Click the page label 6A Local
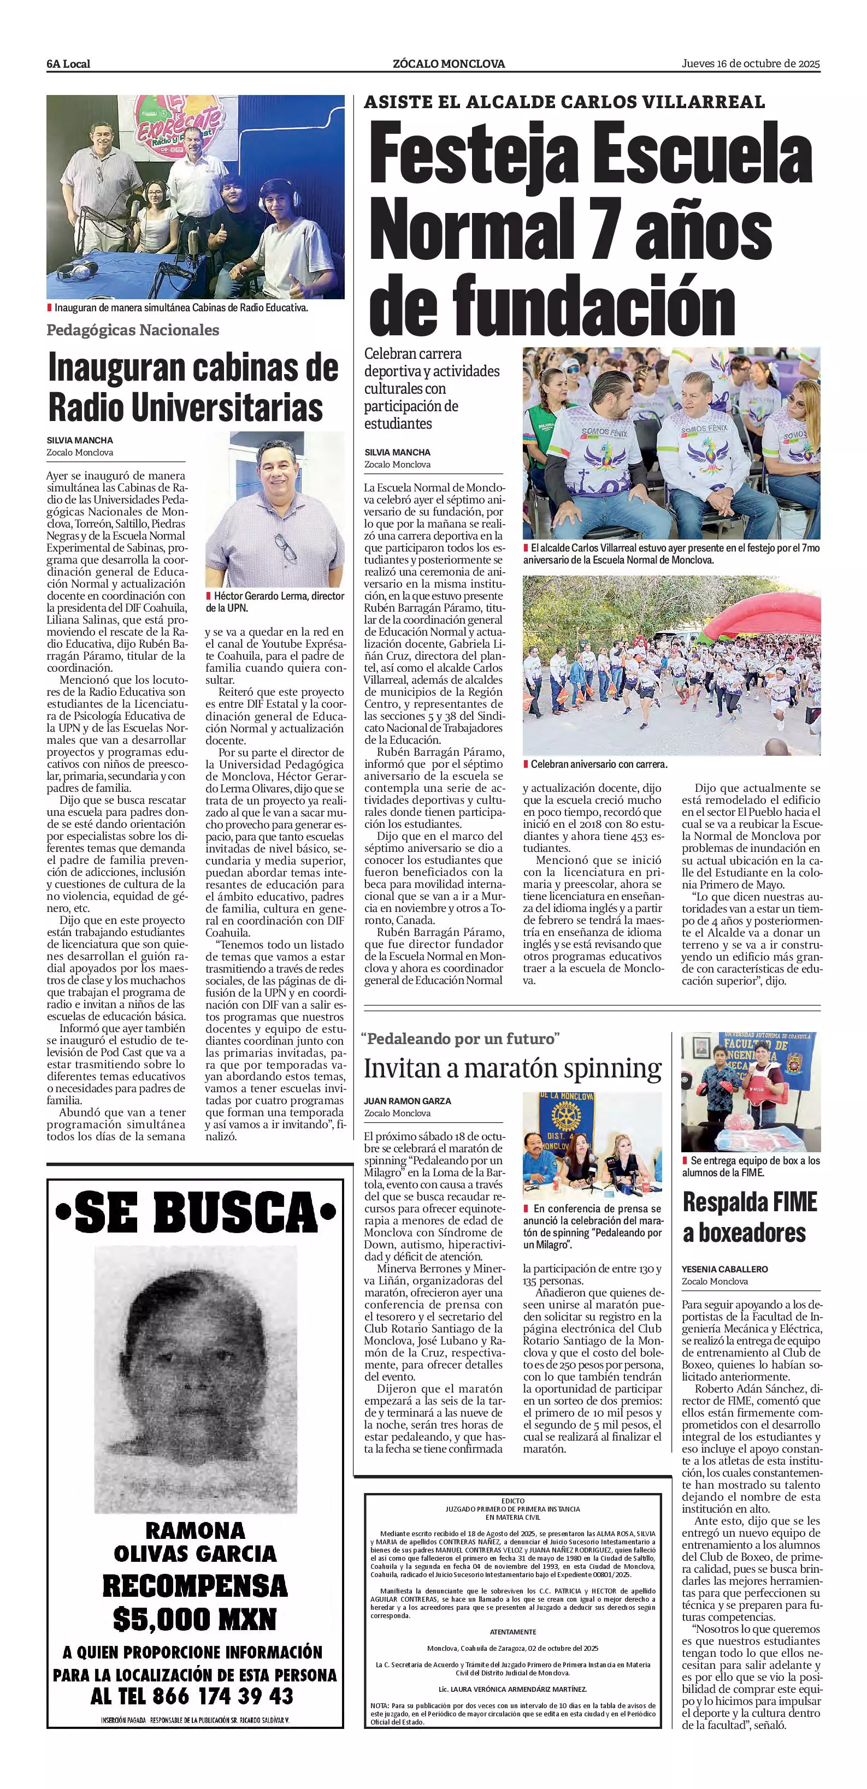[x=68, y=64]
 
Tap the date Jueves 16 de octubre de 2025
[x=750, y=63]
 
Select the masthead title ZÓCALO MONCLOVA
[x=449, y=64]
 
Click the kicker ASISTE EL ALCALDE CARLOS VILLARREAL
[x=564, y=102]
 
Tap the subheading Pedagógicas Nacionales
[x=133, y=330]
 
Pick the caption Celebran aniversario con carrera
[x=598, y=764]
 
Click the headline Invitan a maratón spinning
[x=512, y=1068]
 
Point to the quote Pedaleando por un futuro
[x=461, y=1039]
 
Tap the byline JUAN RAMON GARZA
[x=407, y=1101]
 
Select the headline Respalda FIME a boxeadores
[x=750, y=1217]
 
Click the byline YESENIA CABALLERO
[x=724, y=1269]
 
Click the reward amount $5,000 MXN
[x=194, y=1620]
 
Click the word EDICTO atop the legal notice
[x=512, y=1501]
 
